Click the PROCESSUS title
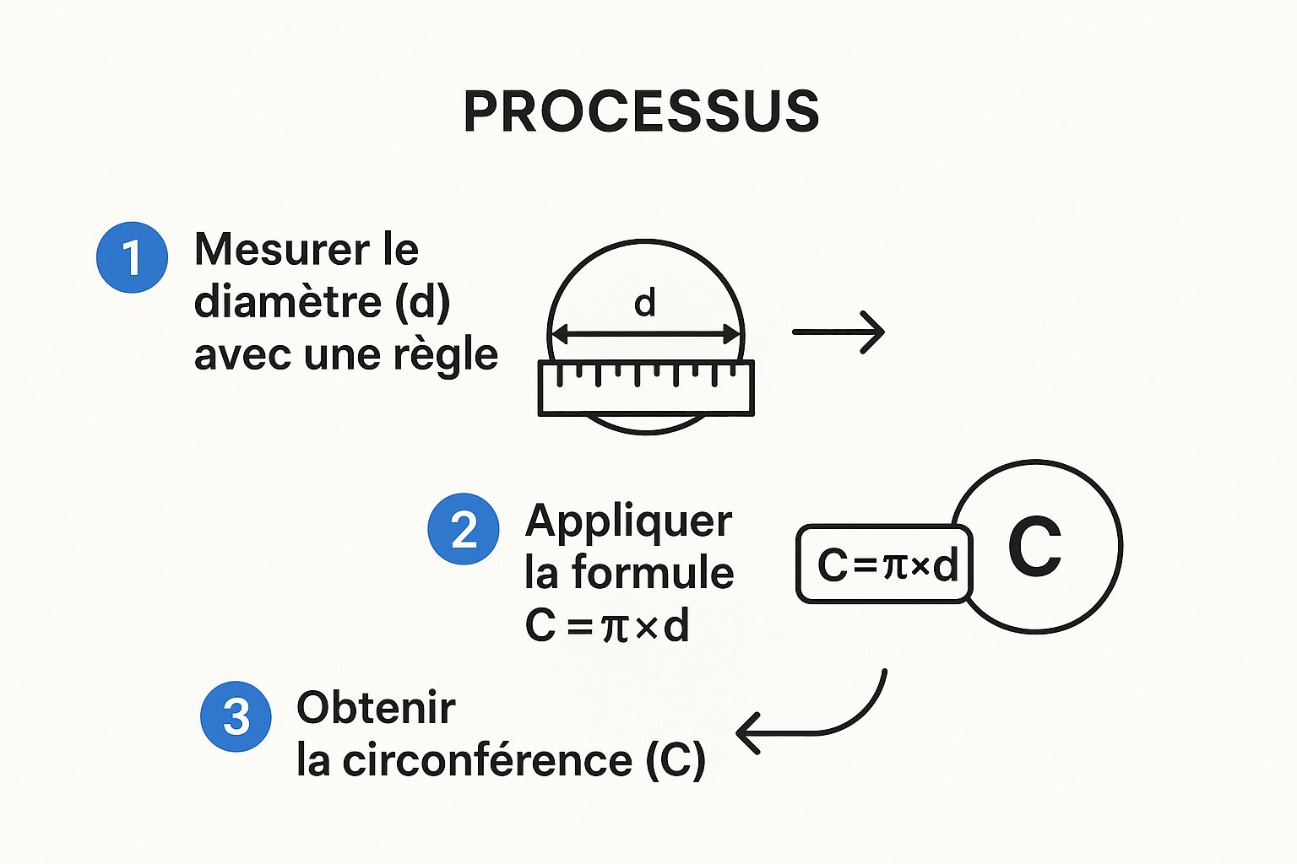642,111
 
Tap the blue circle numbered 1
132,257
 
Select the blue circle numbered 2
464,530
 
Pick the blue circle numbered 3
236,716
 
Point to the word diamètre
287,302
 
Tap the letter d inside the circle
645,303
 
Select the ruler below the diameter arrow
646,388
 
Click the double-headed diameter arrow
646,335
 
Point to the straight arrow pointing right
838,332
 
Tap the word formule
653,574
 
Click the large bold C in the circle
1034,546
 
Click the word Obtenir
376,708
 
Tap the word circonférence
487,761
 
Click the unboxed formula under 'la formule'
607,626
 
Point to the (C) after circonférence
676,761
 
